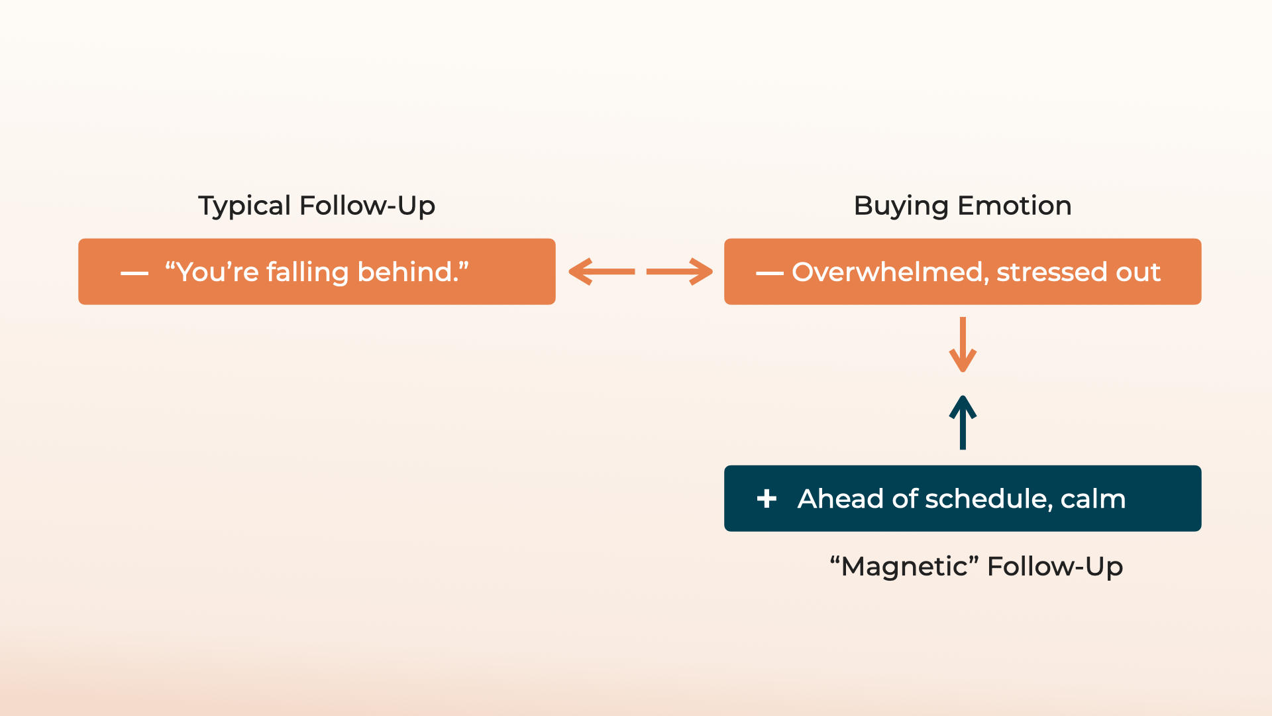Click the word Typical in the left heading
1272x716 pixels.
pos(244,206)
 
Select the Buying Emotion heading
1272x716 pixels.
pos(962,206)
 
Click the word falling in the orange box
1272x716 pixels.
pos(307,272)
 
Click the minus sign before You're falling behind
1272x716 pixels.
pos(134,273)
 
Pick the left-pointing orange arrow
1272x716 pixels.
pos(602,272)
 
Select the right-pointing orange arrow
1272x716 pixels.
pos(679,272)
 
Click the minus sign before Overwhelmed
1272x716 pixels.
pos(769,273)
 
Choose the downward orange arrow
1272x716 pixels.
pos(963,345)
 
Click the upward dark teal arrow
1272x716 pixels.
pos(963,422)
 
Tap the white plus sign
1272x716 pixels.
pos(767,499)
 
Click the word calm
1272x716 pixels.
pos(1092,499)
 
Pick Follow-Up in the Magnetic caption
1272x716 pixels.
pos(1055,567)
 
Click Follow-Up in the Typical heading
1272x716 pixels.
pos(367,206)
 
